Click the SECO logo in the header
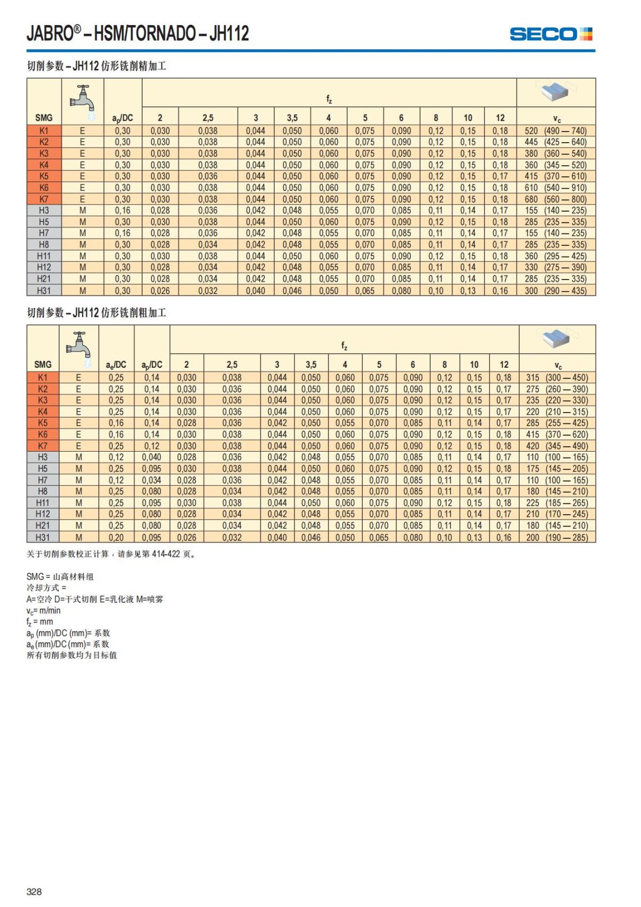click(551, 34)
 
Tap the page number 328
click(34, 892)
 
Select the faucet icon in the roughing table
click(79, 345)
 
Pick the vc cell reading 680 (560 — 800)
click(556, 199)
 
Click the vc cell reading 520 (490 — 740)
click(556, 131)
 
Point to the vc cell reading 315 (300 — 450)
click(557, 378)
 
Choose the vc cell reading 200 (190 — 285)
click(557, 538)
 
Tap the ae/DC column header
click(116, 365)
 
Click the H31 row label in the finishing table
click(44, 291)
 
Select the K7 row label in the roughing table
click(43, 446)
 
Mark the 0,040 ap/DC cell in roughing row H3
click(152, 458)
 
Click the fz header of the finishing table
click(329, 99)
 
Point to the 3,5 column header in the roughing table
click(311, 365)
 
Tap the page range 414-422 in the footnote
click(166, 554)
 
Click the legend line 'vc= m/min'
click(43, 610)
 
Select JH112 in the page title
click(229, 34)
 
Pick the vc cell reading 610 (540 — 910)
click(556, 188)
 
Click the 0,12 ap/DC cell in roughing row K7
click(152, 446)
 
